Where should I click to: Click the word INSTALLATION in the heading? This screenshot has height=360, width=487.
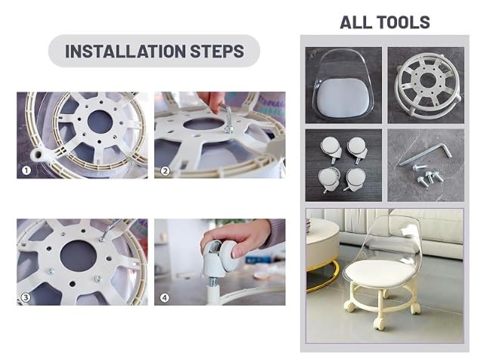click(x=126, y=51)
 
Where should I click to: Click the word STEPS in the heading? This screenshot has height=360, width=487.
click(x=217, y=51)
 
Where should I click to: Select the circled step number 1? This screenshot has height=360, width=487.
click(x=26, y=170)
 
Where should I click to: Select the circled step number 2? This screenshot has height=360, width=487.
click(x=165, y=170)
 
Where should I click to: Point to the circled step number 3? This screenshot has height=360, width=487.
click(x=26, y=297)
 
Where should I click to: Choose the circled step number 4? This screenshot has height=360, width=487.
click(x=164, y=297)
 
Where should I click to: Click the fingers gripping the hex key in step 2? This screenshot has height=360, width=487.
click(x=212, y=101)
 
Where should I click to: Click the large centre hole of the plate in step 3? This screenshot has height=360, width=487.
click(x=78, y=256)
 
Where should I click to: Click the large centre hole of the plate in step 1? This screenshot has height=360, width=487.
click(x=100, y=122)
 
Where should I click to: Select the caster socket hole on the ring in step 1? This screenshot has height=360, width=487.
click(x=39, y=154)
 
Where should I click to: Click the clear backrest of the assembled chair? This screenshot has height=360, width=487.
click(x=392, y=239)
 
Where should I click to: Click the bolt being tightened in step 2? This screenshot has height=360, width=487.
click(x=229, y=128)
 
